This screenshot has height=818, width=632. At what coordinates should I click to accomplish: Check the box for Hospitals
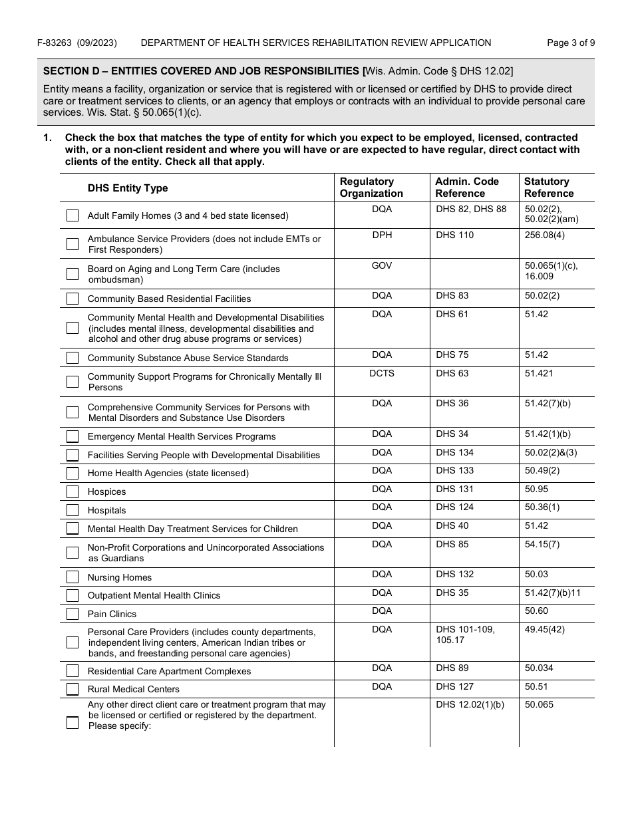click(x=73, y=511)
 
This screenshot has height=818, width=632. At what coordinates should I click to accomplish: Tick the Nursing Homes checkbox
click(x=73, y=577)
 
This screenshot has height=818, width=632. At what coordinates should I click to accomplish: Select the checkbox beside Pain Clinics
click(x=73, y=614)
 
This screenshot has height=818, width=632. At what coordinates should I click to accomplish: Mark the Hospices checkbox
click(x=73, y=492)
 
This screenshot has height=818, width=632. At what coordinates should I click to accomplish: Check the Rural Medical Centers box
click(x=73, y=689)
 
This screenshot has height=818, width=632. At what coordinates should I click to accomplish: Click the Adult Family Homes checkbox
click(x=73, y=215)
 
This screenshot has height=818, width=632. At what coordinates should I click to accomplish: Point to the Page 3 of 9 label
click(x=570, y=43)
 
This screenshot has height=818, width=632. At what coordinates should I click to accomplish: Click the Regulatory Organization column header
click(x=371, y=188)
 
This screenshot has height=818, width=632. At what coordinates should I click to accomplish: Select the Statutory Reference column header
click(x=548, y=188)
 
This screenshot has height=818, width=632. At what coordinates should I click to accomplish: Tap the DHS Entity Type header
click(x=128, y=188)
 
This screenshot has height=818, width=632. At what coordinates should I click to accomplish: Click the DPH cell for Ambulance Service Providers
click(x=382, y=235)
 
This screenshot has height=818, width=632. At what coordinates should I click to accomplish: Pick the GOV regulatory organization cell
click(x=382, y=265)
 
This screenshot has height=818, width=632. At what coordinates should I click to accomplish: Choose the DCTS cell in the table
click(x=382, y=373)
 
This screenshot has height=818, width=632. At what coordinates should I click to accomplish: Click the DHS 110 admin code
click(x=455, y=235)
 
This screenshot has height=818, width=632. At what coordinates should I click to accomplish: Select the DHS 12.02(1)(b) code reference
click(x=470, y=705)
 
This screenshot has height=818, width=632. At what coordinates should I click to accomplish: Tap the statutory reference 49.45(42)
click(x=544, y=629)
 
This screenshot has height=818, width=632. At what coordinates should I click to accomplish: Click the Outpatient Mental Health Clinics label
click(x=154, y=596)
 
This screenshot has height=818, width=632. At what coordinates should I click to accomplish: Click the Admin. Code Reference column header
click(x=466, y=188)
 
